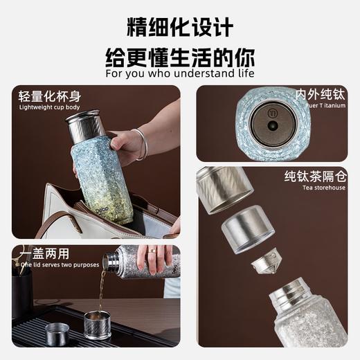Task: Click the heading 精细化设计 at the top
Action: pyautogui.click(x=179, y=27)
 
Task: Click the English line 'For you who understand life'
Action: pyautogui.click(x=179, y=73)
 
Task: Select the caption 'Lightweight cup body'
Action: pyautogui.click(x=49, y=108)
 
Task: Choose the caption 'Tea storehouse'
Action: pyautogui.click(x=323, y=187)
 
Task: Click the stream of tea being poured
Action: pyautogui.click(x=100, y=291)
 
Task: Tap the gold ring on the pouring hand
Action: pyautogui.click(x=152, y=251)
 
